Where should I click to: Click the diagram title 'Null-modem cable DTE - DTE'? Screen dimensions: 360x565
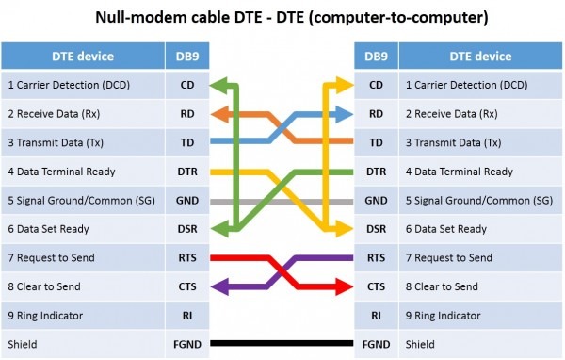[x=282, y=16]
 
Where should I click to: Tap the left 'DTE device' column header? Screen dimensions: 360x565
[x=83, y=57]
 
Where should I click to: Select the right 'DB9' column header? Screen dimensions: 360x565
[x=376, y=57]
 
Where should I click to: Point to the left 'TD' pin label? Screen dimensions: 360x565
[x=188, y=142]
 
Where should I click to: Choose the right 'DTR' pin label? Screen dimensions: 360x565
[x=376, y=172]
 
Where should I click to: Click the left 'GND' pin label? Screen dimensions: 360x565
[x=188, y=200]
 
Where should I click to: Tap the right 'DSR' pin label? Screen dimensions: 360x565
[x=376, y=229]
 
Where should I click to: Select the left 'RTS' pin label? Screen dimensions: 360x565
[x=188, y=257]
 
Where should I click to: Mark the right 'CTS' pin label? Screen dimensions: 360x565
[x=376, y=286]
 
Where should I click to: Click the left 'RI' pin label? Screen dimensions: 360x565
[x=188, y=315]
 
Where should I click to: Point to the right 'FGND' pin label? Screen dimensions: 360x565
[x=376, y=344]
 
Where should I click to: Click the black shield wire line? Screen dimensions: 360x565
[x=282, y=344]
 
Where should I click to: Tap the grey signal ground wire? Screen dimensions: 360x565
[x=282, y=201]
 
